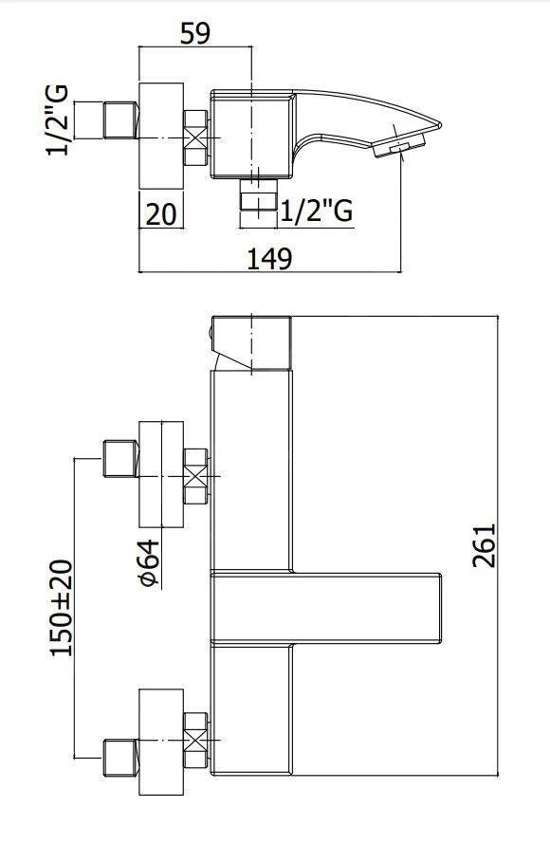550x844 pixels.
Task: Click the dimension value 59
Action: tap(194, 32)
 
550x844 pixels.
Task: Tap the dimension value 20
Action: tap(162, 213)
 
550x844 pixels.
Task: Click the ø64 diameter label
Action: tap(149, 564)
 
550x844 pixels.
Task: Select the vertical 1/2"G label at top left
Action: tap(58, 120)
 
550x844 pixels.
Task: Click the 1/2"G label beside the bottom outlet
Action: tap(316, 211)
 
